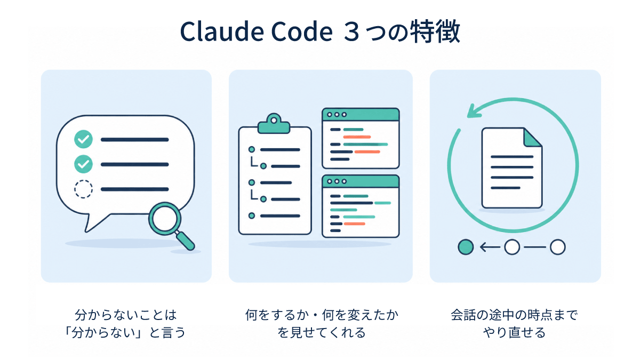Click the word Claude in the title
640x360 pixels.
point(222,31)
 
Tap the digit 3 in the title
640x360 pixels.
point(351,32)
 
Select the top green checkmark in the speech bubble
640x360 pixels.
point(83,139)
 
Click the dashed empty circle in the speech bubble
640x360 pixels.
point(83,189)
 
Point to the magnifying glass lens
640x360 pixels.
point(165,219)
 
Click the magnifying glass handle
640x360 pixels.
point(185,241)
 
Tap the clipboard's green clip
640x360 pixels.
point(274,123)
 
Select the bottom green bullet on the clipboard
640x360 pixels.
point(252,215)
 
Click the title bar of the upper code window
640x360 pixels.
point(361,115)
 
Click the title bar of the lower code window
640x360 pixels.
point(361,181)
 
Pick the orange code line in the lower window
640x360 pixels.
point(354,223)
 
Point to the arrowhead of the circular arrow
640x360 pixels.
point(474,111)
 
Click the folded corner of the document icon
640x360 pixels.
point(533,138)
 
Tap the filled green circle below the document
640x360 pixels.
point(466,247)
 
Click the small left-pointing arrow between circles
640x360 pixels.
point(490,247)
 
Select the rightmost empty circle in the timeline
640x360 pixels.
point(558,247)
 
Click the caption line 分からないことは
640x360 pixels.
point(126,315)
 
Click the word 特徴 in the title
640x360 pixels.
point(435,31)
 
